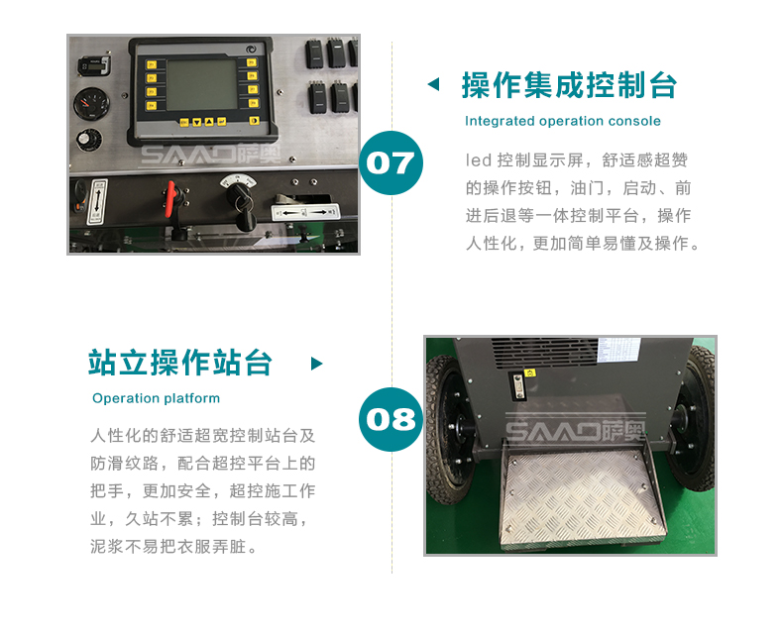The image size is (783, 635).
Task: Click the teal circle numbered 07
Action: coord(391,163)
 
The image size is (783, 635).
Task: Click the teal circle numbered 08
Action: coord(391,419)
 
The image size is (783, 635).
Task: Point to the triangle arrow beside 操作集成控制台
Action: coord(433,84)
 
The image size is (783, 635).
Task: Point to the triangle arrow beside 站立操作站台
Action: coord(316,364)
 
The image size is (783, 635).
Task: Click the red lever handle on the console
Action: coord(170,199)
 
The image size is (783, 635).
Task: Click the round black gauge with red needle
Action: coord(91,103)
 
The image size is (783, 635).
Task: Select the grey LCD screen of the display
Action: coord(202,85)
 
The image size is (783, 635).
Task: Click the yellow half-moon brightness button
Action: coord(254,121)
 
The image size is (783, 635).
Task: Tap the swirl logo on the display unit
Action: coord(251,49)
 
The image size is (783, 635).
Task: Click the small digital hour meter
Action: coord(93,65)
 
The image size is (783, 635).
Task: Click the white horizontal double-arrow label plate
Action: coord(306,212)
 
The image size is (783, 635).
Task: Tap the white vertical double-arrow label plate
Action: coord(97,201)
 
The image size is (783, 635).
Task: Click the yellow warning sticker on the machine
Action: coord(530,372)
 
